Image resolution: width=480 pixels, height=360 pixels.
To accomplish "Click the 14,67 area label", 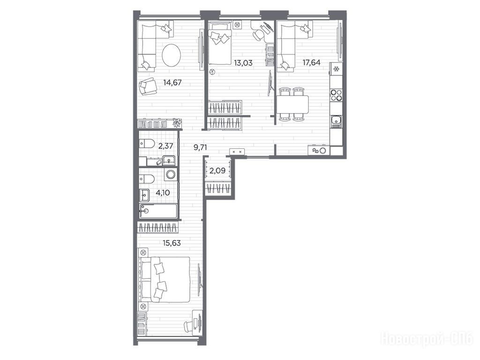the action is pyautogui.click(x=172, y=82).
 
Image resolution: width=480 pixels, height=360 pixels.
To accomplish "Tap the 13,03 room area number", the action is pyautogui.click(x=243, y=63).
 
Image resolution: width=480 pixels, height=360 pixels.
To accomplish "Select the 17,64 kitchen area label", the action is pyautogui.click(x=311, y=62).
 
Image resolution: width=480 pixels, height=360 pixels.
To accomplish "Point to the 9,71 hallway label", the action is pyautogui.click(x=200, y=147).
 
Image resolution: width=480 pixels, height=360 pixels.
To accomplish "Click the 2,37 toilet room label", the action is pyautogui.click(x=165, y=146).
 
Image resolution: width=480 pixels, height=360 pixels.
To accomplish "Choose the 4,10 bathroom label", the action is pyautogui.click(x=163, y=193).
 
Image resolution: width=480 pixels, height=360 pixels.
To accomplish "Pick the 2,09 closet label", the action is pyautogui.click(x=217, y=171).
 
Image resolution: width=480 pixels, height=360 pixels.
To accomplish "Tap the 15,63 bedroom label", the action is pyautogui.click(x=172, y=243).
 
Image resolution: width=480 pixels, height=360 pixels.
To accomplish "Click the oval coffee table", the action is pyautogui.click(x=172, y=55).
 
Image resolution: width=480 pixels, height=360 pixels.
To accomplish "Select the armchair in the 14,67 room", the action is pyautogui.click(x=148, y=86).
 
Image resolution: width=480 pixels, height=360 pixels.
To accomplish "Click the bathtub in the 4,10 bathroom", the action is pyautogui.click(x=158, y=211).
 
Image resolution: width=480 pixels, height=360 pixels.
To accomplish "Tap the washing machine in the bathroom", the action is pyautogui.click(x=170, y=174).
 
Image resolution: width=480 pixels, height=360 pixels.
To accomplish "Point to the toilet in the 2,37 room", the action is pyautogui.click(x=147, y=143).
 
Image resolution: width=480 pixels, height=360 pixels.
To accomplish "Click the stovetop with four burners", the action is pyautogui.click(x=336, y=95).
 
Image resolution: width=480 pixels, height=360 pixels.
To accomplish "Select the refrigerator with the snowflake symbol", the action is pyautogui.click(x=336, y=69).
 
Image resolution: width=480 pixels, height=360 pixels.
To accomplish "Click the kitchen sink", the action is pyautogui.click(x=336, y=121).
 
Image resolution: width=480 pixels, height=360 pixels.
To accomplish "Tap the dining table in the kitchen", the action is pyautogui.click(x=292, y=104).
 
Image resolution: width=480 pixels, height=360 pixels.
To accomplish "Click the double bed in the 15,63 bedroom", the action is pyautogui.click(x=165, y=279).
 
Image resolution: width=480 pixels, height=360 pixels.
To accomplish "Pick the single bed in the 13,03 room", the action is pyautogui.click(x=220, y=43).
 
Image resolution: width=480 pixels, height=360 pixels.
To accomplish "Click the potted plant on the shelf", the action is pyautogui.click(x=177, y=122).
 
